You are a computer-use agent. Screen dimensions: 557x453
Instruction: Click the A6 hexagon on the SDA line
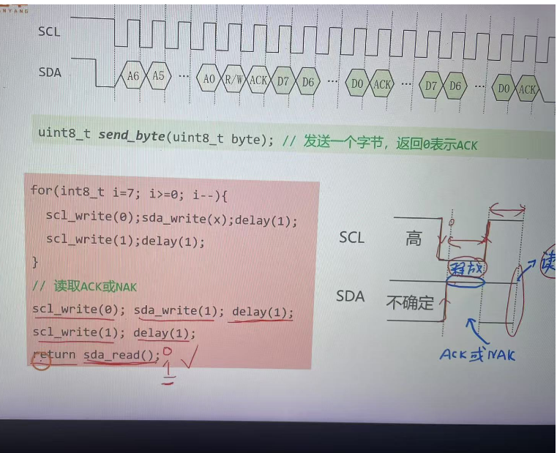point(132,77)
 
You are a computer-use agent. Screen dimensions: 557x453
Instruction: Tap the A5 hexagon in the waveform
point(157,77)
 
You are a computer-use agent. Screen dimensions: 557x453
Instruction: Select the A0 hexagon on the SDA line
point(209,79)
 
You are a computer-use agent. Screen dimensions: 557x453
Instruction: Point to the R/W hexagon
point(234,80)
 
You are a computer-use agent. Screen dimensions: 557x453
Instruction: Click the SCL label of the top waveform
point(49,31)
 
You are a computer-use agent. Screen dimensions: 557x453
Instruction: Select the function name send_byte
point(132,136)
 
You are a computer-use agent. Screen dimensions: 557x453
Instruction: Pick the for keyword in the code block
point(40,190)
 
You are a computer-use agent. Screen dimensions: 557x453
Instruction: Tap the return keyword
point(53,355)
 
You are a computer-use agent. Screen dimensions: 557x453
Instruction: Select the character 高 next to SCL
point(414,238)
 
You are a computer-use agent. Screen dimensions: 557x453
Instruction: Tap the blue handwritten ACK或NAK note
point(476,355)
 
